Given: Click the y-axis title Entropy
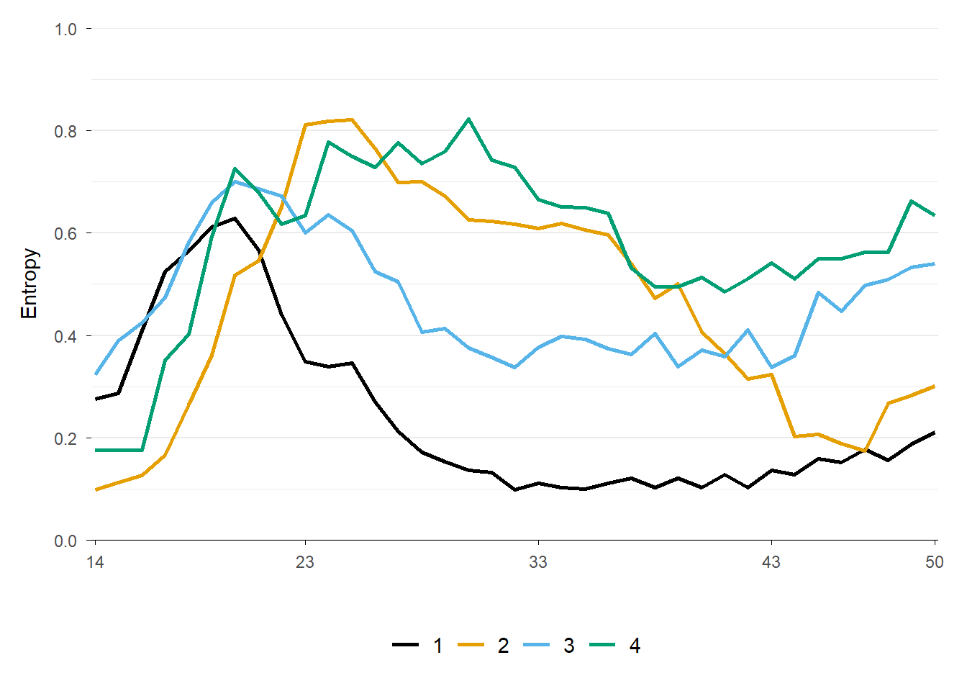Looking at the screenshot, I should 29,284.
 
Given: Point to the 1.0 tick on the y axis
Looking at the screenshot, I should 65,29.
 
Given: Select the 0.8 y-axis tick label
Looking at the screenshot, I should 65,131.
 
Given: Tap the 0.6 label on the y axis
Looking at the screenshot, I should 65,233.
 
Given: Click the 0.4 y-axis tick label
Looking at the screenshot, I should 65,336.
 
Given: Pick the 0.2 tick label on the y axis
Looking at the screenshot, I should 65,438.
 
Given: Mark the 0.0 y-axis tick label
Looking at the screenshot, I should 65,541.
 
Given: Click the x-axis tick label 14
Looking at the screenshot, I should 95,562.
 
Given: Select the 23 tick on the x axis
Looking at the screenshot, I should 305,562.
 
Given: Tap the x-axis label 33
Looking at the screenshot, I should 538,562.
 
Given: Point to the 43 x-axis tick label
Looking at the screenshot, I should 771,562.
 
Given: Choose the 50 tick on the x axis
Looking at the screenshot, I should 934,562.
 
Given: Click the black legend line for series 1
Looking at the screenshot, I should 406,646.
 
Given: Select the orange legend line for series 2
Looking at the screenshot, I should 471,646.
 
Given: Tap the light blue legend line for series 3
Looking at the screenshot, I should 537,646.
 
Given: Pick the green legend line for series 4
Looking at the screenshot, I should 602,646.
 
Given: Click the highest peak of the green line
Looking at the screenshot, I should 468,119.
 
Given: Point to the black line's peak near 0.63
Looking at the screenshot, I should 235,218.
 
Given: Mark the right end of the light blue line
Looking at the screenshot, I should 934,263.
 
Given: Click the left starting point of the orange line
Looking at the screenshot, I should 96,489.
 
